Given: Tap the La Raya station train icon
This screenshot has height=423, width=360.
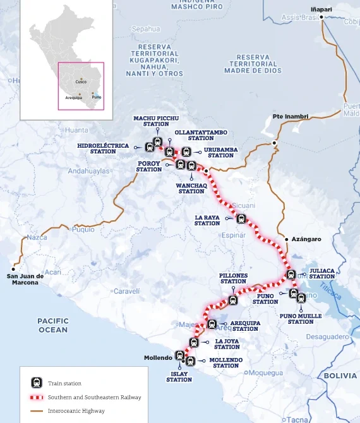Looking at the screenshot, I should [241, 218].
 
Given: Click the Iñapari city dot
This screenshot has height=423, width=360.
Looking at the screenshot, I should [321, 18].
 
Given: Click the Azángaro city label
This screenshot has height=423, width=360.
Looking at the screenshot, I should [306, 239].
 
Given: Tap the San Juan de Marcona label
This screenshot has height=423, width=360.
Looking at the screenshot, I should [25, 279].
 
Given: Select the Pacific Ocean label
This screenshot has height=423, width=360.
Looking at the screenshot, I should [53, 325].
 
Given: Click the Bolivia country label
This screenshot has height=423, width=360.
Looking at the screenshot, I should [340, 375].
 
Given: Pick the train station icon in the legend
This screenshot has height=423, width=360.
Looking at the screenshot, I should [37, 383].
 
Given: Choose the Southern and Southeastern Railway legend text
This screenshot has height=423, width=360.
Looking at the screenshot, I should [94, 397].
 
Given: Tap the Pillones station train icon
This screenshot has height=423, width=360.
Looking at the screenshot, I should [234, 301].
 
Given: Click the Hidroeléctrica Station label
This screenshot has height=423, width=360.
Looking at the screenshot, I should [103, 148].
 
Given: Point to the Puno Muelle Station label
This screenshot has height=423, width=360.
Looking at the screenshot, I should [296, 318].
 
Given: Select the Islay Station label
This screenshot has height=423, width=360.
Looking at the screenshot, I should [179, 376].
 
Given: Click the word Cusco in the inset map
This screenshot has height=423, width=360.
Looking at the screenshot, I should [81, 82].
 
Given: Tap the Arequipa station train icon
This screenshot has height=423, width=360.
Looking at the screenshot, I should [212, 324].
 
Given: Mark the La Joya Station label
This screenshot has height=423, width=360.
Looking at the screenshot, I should [227, 343].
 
